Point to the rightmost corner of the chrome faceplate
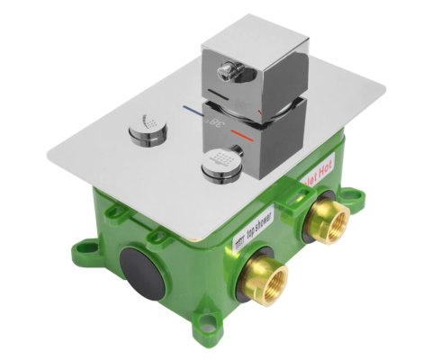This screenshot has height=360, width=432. point(384,90)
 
